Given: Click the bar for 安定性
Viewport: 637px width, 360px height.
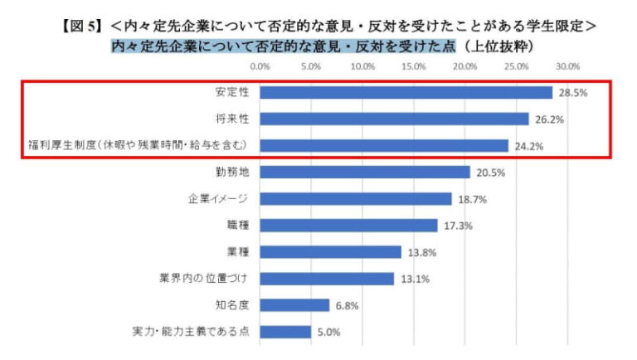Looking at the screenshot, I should pyautogui.click(x=406, y=92).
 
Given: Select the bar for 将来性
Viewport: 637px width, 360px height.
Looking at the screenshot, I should pyautogui.click(x=395, y=119).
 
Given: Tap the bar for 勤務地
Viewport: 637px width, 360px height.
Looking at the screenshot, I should pyautogui.click(x=365, y=172).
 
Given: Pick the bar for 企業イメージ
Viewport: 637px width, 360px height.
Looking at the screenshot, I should pyautogui.click(x=356, y=198).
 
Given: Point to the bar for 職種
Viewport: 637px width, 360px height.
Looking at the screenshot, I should pyautogui.click(x=348, y=225).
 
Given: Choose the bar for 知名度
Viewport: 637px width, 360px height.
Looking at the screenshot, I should pyautogui.click(x=295, y=304).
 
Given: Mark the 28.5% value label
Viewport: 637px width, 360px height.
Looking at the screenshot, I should pyautogui.click(x=572, y=93).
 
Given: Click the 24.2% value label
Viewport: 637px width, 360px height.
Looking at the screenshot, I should pyautogui.click(x=528, y=146).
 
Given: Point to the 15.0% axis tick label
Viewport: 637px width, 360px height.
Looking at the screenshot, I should pyautogui.click(x=414, y=66).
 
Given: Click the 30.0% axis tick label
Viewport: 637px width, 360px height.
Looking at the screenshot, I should pyautogui.click(x=567, y=66).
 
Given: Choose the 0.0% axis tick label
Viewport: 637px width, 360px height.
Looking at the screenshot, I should pyautogui.click(x=260, y=66).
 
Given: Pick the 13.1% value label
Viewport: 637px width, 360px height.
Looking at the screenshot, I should pyautogui.click(x=415, y=279).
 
